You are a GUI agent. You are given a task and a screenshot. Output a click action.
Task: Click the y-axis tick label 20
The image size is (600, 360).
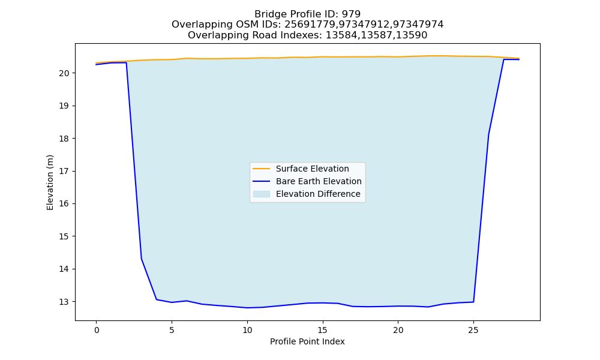click(x=64, y=73)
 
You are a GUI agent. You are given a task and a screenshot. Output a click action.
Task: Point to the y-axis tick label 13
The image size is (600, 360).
click(x=64, y=302)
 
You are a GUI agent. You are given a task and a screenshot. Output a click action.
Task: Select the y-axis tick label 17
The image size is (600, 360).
click(x=64, y=171)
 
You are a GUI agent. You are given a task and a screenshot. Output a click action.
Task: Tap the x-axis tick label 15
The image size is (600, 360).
click(x=323, y=330)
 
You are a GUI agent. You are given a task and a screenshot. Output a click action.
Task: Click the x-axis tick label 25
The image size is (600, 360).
click(x=473, y=330)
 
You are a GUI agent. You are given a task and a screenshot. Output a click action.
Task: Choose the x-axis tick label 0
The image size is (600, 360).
click(x=97, y=330)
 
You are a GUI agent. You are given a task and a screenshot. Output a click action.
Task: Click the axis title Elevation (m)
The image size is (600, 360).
click(x=50, y=182)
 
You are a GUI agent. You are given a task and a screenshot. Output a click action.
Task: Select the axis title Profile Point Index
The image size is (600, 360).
click(x=307, y=341)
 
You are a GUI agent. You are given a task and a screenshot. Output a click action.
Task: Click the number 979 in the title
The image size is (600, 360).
click(x=351, y=14)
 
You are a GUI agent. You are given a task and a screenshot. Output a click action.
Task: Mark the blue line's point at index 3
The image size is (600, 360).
click(x=142, y=259)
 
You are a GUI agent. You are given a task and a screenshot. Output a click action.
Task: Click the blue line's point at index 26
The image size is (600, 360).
click(x=488, y=134)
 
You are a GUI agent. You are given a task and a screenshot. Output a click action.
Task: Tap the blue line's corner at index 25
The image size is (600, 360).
click(x=474, y=302)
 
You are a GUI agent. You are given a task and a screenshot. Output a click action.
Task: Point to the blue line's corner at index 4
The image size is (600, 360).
click(x=157, y=299)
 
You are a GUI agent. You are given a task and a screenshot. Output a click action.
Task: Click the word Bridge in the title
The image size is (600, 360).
click(x=268, y=14)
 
